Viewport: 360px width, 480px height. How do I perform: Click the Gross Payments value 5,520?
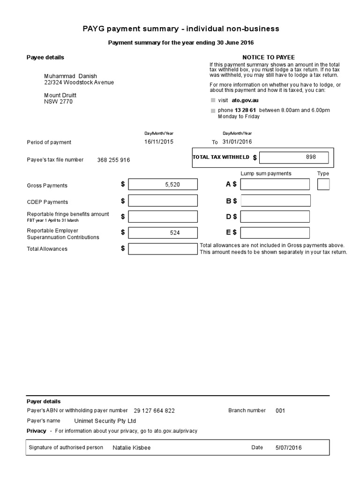(172, 185)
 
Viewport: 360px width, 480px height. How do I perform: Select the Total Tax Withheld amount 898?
(311, 157)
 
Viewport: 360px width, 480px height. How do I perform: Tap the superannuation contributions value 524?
(175, 232)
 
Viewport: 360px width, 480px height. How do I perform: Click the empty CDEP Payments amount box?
(163, 201)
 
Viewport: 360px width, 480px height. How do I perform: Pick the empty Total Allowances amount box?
(163, 248)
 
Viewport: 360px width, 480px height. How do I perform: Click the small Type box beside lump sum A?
(323, 185)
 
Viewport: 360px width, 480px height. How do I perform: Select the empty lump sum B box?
(276, 201)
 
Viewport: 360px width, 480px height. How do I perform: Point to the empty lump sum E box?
(276, 232)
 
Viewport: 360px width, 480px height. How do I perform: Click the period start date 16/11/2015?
(158, 142)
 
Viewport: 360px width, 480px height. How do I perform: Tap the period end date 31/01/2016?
(237, 142)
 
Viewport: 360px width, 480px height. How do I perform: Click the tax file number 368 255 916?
(113, 160)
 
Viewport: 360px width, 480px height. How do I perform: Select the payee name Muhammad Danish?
(70, 76)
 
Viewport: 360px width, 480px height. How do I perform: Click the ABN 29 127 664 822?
(154, 411)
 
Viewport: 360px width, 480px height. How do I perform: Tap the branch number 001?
(280, 411)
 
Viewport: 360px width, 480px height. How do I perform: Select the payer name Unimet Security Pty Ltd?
(105, 421)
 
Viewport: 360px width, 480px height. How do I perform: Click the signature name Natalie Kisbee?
(132, 448)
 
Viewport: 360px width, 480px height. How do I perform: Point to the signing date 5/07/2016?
(289, 448)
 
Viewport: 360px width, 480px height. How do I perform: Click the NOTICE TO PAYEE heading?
(268, 57)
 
